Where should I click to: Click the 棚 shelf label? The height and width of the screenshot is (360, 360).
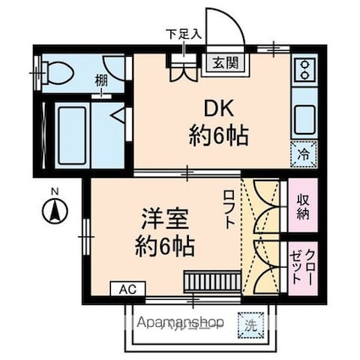tap(102, 80)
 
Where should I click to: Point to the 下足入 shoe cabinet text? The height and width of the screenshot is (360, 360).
tap(183, 35)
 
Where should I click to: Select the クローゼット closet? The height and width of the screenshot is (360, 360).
tap(302, 265)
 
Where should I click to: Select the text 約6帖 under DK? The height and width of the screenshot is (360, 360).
tap(218, 136)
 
